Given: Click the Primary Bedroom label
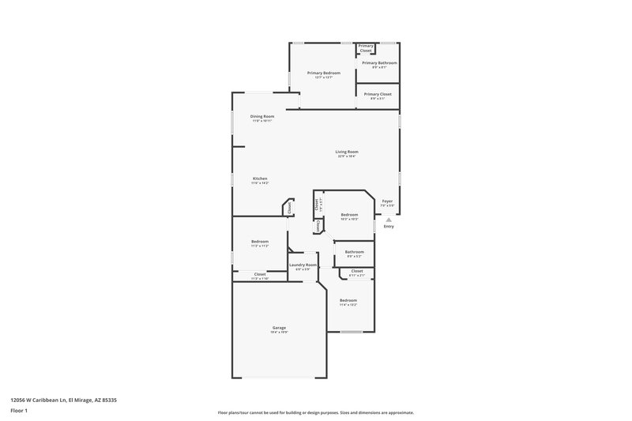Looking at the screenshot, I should (x=323, y=73).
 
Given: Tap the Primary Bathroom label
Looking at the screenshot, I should (x=379, y=62).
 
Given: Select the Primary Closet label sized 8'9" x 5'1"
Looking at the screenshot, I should (x=378, y=94).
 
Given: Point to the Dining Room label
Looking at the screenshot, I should (x=262, y=116).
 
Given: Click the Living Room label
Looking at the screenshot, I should (x=346, y=152).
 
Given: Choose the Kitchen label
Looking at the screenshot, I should (x=260, y=179).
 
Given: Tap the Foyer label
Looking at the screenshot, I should (x=387, y=201).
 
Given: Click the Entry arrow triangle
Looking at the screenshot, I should (x=388, y=220).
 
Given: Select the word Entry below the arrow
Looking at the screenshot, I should (x=388, y=227).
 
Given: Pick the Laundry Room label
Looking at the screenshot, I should (x=303, y=265).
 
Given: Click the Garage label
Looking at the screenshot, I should (x=280, y=328).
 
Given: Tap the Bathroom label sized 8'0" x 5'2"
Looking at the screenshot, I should (x=354, y=252).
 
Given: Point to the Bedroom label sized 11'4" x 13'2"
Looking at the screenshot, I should (x=348, y=300).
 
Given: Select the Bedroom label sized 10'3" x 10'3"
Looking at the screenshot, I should (x=349, y=214).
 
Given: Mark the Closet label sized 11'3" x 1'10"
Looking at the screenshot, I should (x=260, y=274).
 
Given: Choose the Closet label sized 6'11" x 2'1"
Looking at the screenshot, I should (x=357, y=271).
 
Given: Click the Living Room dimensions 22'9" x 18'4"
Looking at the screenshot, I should (x=346, y=156).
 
